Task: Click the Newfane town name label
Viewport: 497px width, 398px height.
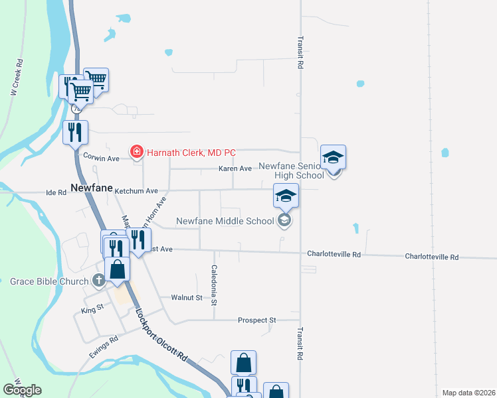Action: [x=91, y=188]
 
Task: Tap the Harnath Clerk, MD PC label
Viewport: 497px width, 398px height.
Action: [x=191, y=153]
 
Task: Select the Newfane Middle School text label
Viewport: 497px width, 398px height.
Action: [x=225, y=221]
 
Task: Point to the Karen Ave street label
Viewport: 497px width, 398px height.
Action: [x=235, y=168]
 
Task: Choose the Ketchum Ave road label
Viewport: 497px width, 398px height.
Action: [x=136, y=191]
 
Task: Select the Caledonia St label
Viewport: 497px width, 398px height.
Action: [x=214, y=285]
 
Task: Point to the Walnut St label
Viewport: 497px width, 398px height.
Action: [x=186, y=298]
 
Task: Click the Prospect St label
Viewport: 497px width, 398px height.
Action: [x=256, y=320]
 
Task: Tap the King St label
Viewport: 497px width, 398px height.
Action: [x=92, y=309]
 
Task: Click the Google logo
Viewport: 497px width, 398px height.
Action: [x=22, y=390]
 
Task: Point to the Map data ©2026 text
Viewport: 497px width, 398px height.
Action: [x=468, y=393]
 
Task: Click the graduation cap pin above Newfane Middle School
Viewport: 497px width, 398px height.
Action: [x=286, y=196]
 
